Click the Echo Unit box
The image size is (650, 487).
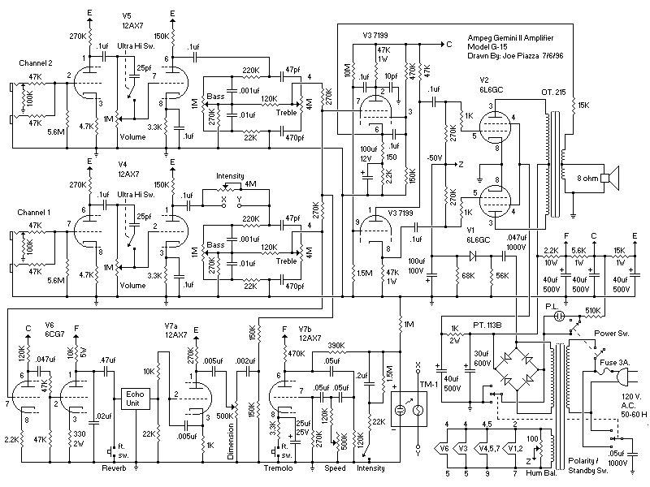(x=132, y=399)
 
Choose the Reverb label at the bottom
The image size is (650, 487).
(x=115, y=469)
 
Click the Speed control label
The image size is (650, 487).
(x=335, y=469)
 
